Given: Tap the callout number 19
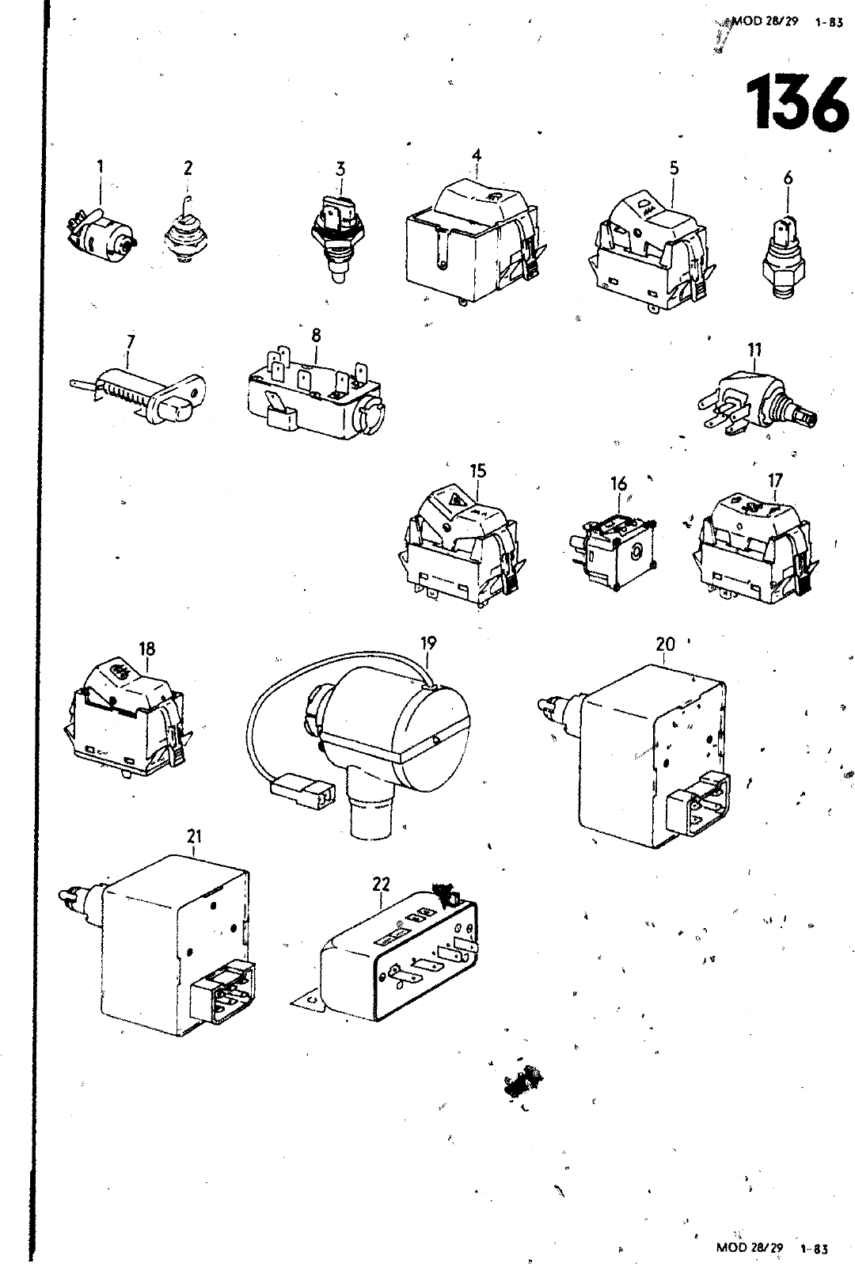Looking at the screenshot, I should pos(428,642).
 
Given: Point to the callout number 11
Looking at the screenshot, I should pos(754,348).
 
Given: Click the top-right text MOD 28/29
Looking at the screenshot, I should pos(754,23).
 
